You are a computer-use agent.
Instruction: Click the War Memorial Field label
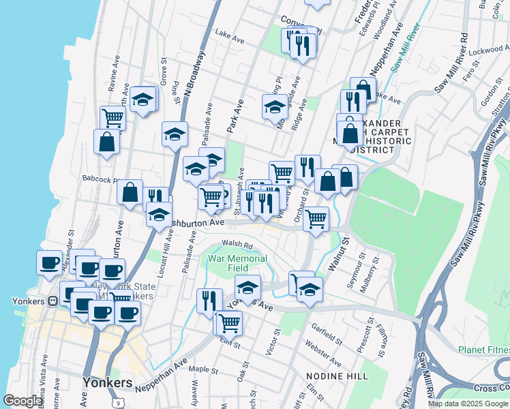tap(237, 264)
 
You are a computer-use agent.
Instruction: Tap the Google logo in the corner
tap(22, 401)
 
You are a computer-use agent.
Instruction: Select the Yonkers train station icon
tap(52, 301)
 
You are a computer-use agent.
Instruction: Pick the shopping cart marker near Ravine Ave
tap(112, 117)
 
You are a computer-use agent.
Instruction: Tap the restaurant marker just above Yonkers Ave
tap(209, 300)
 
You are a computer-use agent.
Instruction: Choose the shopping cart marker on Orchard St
tap(315, 219)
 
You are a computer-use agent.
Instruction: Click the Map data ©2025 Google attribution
tap(468, 404)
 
